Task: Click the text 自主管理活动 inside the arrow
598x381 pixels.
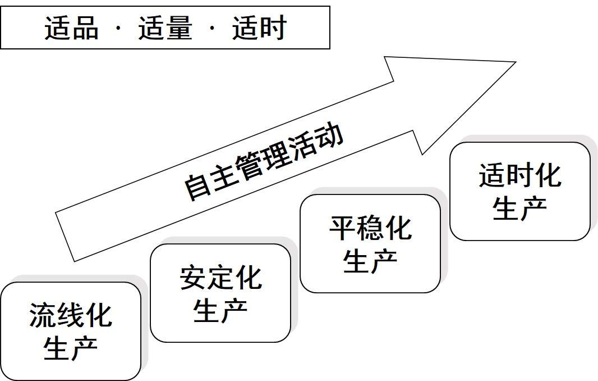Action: (263, 162)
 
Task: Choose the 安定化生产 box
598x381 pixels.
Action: (220, 293)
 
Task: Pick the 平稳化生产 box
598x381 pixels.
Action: (370, 243)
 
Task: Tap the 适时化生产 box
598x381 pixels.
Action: (520, 191)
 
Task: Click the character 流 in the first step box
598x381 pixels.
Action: (43, 315)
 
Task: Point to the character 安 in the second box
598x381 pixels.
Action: (193, 278)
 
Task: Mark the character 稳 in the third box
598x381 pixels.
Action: (370, 228)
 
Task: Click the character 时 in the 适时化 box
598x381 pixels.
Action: (520, 175)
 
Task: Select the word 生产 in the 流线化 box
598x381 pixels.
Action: (71, 348)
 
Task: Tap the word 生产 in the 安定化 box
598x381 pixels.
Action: (220, 310)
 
